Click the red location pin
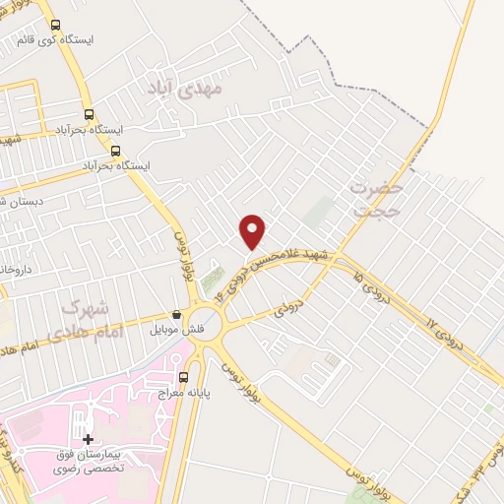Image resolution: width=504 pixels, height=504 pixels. tap(253, 229)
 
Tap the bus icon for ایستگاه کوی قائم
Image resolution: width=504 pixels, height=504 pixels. tap(54, 26)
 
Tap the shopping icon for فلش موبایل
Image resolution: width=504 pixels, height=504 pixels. tap(176, 315)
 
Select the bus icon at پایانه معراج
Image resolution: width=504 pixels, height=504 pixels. tap(183, 377)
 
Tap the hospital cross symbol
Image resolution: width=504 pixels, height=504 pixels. tap(89, 438)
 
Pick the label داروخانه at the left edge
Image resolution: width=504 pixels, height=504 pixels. tap(14, 268)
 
